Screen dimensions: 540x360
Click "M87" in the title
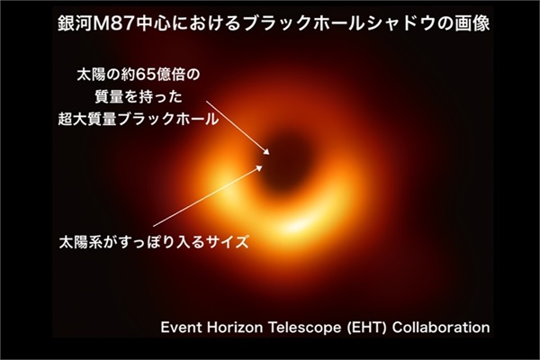point(113,23)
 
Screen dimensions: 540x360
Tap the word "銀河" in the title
point(74,23)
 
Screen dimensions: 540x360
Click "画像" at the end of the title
point(472,23)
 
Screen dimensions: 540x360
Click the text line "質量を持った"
point(139,97)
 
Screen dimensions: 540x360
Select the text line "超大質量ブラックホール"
point(138,119)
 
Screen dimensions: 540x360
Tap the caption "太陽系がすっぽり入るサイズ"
point(154,242)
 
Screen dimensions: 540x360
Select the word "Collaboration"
point(441,327)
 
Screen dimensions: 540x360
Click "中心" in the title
point(152,23)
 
